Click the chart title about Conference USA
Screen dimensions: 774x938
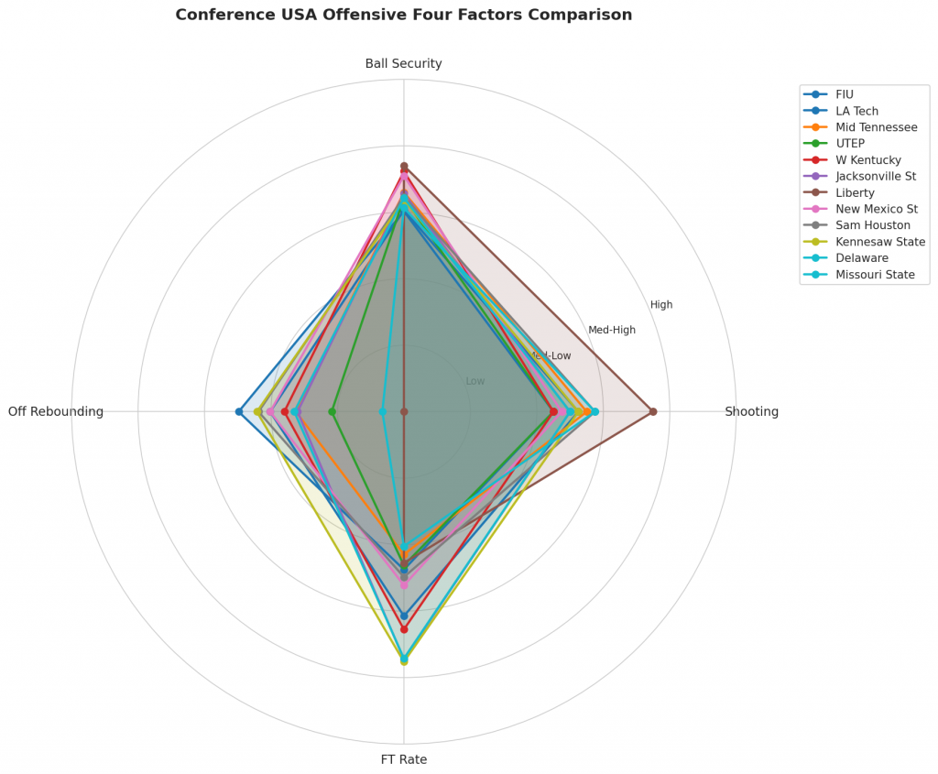pyautogui.click(x=403, y=16)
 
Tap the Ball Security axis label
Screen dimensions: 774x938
pyautogui.click(x=403, y=64)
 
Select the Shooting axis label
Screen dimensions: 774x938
pyautogui.click(x=751, y=412)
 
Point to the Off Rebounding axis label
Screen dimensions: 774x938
pyautogui.click(x=56, y=412)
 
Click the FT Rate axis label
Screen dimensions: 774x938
pyautogui.click(x=403, y=759)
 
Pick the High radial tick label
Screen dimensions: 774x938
pyautogui.click(x=661, y=305)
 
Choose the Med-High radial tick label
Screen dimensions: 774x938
pyautogui.click(x=612, y=331)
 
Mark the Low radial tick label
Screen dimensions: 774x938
pyautogui.click(x=475, y=381)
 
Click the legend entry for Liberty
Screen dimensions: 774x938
pyautogui.click(x=855, y=193)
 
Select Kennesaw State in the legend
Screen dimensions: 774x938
pyautogui.click(x=879, y=242)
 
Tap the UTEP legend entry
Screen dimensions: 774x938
pyautogui.click(x=851, y=144)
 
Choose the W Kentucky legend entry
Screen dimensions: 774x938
pyautogui.click(x=867, y=160)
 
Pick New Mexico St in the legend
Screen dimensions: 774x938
pyautogui.click(x=876, y=210)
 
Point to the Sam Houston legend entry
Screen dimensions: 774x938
pyautogui.click(x=872, y=225)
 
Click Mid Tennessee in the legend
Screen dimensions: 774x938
pyautogui.click(x=876, y=127)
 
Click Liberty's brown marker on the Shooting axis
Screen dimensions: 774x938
pyautogui.click(x=652, y=411)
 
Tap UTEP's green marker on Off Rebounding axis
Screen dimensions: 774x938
pyautogui.click(x=332, y=411)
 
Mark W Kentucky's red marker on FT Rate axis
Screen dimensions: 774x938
pyautogui.click(x=404, y=629)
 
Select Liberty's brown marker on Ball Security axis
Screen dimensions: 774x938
pyautogui.click(x=404, y=166)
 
